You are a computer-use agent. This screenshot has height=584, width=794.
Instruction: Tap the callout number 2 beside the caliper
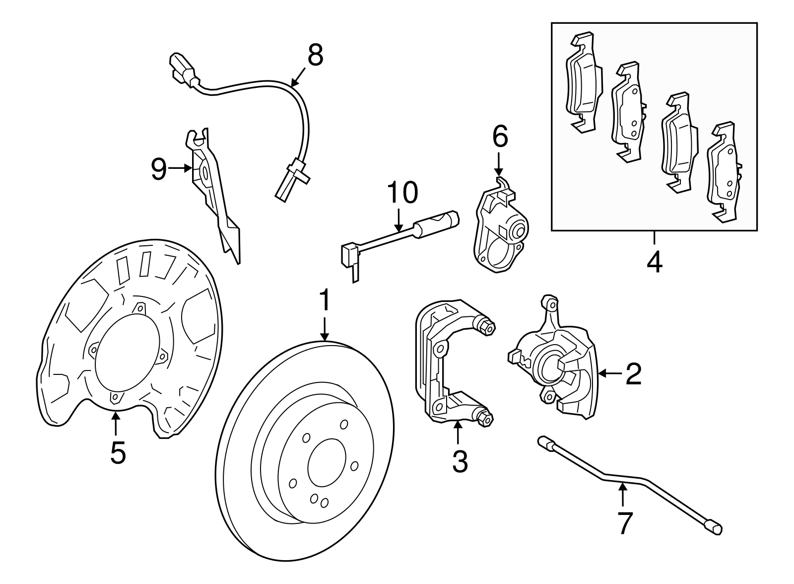click(x=633, y=374)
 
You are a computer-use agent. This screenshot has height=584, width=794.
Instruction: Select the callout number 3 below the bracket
click(x=460, y=461)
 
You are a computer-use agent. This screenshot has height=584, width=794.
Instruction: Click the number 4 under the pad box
click(x=654, y=261)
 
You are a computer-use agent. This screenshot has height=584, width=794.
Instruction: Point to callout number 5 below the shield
click(x=118, y=452)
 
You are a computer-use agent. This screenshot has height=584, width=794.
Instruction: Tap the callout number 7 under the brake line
click(x=625, y=522)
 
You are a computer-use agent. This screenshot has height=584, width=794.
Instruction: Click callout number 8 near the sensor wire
click(x=315, y=56)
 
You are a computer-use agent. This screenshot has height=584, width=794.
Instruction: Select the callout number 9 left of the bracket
click(x=158, y=169)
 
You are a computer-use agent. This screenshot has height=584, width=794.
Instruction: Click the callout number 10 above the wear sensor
click(x=402, y=193)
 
